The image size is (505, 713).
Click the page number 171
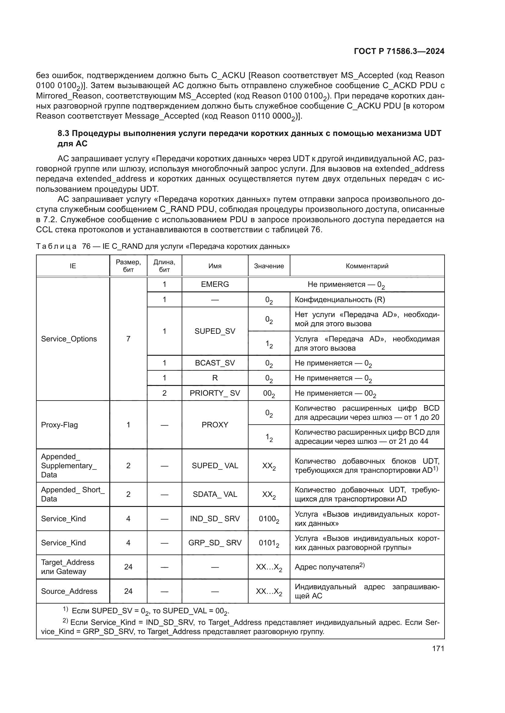tap(438, 649)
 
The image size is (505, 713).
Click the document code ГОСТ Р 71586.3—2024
tap(399, 51)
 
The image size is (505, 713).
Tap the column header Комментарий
tap(367, 266)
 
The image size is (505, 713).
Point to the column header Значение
tap(269, 266)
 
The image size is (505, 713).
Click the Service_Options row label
tap(69, 339)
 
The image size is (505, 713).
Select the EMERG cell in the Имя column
tap(215, 284)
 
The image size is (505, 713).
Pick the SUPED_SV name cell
tap(215, 331)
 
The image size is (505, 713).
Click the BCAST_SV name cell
tap(215, 363)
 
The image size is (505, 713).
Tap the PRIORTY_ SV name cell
tap(215, 393)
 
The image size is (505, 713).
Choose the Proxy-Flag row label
tap(60, 425)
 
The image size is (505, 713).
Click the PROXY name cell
tap(215, 425)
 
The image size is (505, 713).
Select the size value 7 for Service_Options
tap(128, 339)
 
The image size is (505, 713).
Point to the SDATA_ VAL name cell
tap(215, 494)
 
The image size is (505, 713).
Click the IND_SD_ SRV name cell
tap(215, 519)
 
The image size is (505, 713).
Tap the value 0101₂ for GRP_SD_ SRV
tap(269, 543)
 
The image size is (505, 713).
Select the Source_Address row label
tap(69, 591)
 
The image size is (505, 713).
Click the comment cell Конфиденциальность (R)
tap(340, 300)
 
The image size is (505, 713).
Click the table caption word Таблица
tap(56, 246)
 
